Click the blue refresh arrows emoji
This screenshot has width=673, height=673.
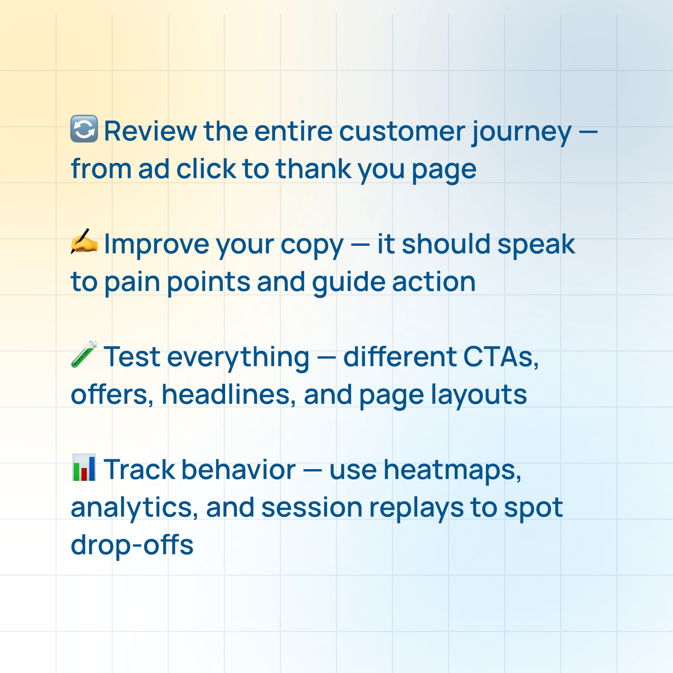[x=84, y=129]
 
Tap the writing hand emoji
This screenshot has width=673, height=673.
[x=84, y=241]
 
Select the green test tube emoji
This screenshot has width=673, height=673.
[x=84, y=354]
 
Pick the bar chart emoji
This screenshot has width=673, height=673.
[x=84, y=467]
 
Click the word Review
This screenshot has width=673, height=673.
[x=150, y=131]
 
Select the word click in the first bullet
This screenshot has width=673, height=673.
[x=206, y=169]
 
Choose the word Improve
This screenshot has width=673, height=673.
[x=157, y=245]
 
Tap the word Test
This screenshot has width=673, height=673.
[x=132, y=357]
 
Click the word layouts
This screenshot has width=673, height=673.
[x=479, y=396]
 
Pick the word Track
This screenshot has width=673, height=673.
[x=139, y=470]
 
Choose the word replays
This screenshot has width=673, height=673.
[x=416, y=509]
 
